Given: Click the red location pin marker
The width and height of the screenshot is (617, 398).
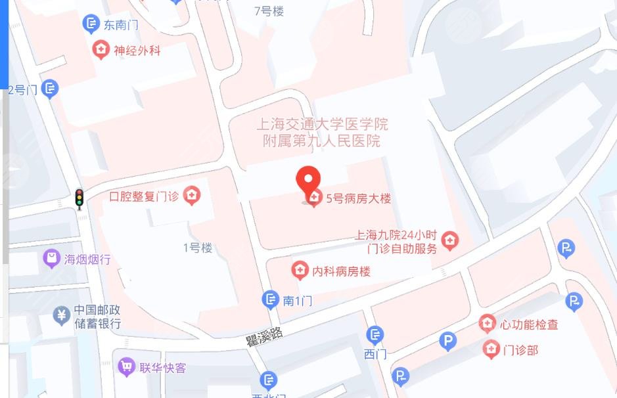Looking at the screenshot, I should tap(308, 181).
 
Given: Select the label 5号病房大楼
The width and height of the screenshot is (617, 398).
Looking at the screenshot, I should tap(358, 198).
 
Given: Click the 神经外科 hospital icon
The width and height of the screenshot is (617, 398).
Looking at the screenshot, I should tap(101, 50).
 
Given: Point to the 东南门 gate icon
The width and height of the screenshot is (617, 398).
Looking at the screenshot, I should tap(91, 25).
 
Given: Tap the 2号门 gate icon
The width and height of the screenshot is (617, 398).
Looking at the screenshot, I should tap(50, 89).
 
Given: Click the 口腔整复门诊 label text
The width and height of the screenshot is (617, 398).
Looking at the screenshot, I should tap(145, 196).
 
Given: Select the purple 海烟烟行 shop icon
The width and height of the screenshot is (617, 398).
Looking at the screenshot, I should tap(51, 259).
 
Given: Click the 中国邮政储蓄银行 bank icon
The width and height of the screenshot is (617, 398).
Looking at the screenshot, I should tap(62, 316).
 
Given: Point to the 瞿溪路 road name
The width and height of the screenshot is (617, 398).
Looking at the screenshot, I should tap(264, 338).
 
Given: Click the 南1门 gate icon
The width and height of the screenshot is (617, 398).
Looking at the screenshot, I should tap(270, 300).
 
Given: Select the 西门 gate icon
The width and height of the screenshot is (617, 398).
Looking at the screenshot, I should tap(375, 336).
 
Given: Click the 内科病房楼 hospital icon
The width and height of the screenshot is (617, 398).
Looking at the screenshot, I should tap(300, 270).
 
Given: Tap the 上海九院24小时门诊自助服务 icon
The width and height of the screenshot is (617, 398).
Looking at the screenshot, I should tap(449, 240).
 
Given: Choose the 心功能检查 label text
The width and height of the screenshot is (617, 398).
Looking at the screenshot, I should tap(529, 324).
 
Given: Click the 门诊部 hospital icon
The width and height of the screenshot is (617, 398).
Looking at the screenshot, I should tap(491, 349).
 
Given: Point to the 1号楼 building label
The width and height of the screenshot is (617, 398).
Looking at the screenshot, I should tap(197, 248).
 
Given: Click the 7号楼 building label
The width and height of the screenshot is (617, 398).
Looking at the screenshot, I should tap(269, 11).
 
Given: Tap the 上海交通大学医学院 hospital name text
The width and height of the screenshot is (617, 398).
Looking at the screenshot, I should tap(322, 124).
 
